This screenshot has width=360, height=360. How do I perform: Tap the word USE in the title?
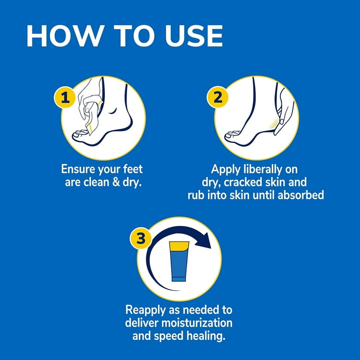coord(194,36)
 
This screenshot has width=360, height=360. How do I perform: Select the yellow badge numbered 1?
coord(65,97)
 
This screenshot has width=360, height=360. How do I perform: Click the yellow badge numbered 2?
coord(217,97)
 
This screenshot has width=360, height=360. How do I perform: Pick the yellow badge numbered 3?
coord(141,238)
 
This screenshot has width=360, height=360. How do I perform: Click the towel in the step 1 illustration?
coord(92,115)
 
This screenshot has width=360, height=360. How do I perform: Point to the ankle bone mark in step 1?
coord(112,112)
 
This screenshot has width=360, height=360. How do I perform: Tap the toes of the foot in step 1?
coord(80,135)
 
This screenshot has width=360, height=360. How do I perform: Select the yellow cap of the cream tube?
coord(179,246)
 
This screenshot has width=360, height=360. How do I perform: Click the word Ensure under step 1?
coord(78,169)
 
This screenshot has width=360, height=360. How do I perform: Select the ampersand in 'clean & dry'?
coord(116,182)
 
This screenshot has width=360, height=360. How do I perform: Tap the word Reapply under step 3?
coord(146,310)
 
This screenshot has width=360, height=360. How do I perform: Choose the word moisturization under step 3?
coord(197,323)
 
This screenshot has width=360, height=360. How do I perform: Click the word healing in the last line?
coord(206,337)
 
